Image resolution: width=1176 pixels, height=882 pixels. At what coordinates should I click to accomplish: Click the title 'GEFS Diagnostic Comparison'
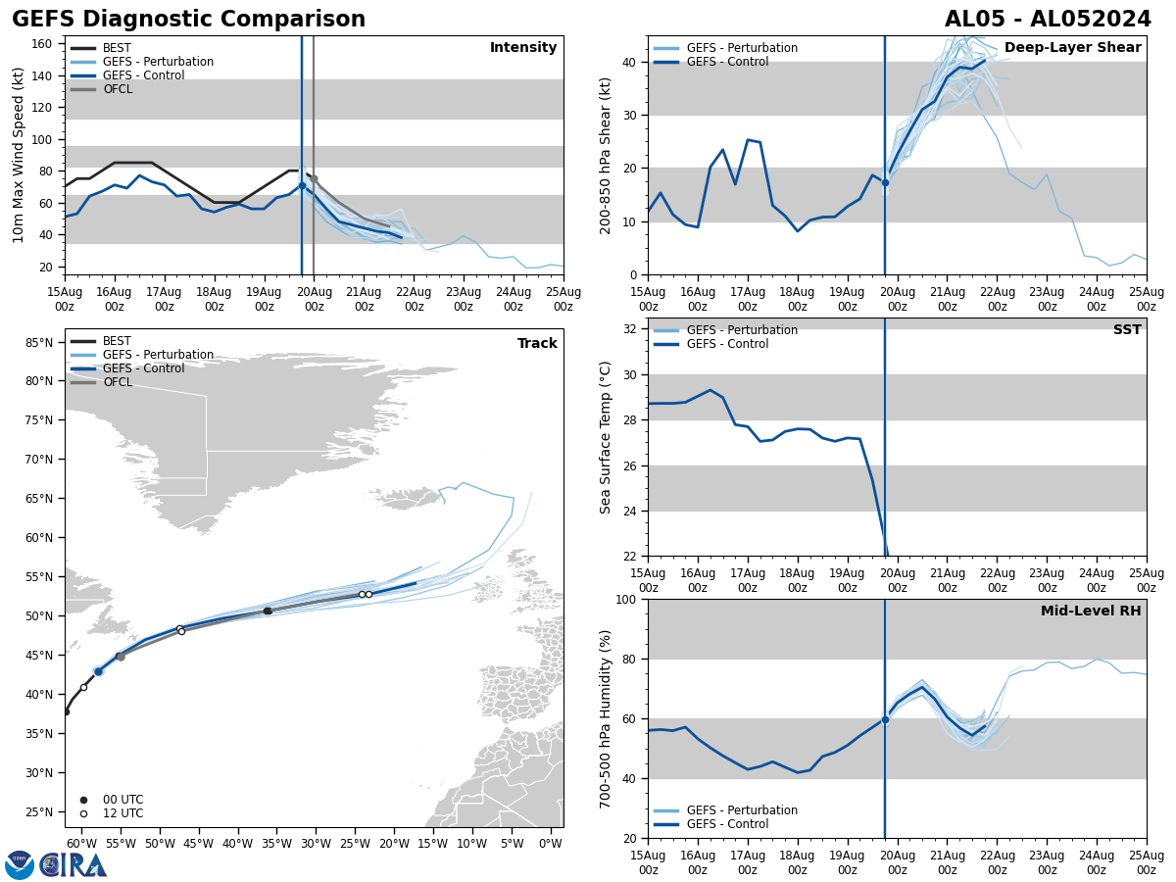pos(188,20)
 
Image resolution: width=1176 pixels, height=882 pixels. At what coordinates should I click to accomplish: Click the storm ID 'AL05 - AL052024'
pos(1048,20)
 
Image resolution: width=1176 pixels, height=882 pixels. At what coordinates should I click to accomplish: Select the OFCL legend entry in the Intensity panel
pos(117,89)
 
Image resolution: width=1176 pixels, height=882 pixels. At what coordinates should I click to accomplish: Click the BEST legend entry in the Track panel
pos(117,341)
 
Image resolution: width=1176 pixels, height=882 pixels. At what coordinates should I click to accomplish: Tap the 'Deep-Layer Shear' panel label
pos(1072,48)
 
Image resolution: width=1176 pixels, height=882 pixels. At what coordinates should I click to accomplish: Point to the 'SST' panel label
pos(1127,330)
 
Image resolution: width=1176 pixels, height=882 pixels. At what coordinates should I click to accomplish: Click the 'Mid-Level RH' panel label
pos(1091,612)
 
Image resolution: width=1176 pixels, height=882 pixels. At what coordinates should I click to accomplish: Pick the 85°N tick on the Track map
pos(39,343)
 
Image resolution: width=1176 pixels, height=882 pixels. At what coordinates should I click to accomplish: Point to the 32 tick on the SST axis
pos(631,329)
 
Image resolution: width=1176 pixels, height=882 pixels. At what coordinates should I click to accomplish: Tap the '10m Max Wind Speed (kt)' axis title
pos(19,155)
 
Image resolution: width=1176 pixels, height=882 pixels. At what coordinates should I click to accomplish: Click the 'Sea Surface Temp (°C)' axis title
pos(606,437)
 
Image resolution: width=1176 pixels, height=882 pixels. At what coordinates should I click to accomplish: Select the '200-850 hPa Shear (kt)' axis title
pos(606,155)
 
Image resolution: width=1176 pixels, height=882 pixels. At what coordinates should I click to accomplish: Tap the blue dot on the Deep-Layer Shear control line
pos(885,182)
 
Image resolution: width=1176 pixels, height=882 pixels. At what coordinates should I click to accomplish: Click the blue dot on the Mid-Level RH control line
pos(885,719)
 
